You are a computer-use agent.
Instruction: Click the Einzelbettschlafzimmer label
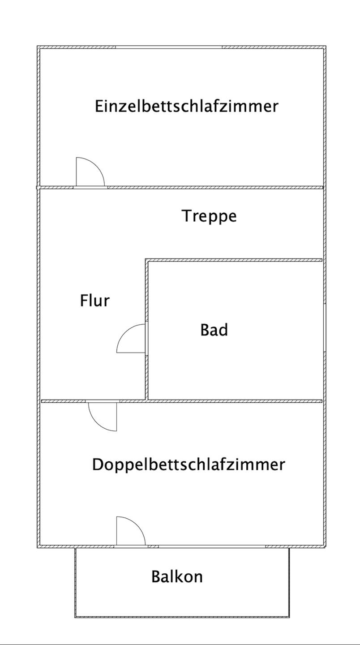[x=186, y=107]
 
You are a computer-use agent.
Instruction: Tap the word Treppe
[x=209, y=216]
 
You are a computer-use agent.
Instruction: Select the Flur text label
[x=94, y=300]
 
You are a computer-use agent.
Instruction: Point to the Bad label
[x=214, y=330]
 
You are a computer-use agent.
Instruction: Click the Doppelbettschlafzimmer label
[x=188, y=464]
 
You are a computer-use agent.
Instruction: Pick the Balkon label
[x=177, y=576]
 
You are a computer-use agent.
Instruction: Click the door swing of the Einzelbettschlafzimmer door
[x=90, y=172]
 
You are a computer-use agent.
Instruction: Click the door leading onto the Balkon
[x=130, y=532]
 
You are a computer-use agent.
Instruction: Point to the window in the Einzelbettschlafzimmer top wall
[x=169, y=47]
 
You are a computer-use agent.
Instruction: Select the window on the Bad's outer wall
[x=324, y=327]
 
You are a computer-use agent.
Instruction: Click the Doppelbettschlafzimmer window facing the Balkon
[x=212, y=546]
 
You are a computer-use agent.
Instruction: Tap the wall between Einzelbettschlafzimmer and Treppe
[x=215, y=187]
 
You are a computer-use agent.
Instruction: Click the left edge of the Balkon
[x=75, y=582]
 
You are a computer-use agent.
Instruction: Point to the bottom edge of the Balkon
[x=182, y=617]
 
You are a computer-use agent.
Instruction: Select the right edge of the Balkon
[x=289, y=582]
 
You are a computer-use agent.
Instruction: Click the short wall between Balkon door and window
[x=153, y=546]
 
